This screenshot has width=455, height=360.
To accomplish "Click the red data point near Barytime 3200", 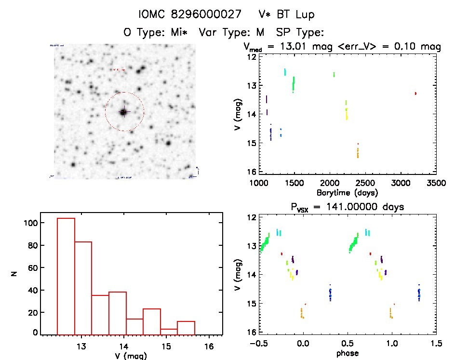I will point(415,93).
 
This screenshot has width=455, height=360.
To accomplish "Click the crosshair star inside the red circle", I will point(124,112).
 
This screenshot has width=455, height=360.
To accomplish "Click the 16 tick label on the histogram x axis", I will point(209,346).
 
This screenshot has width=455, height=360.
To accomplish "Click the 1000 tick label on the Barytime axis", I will point(259,184).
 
